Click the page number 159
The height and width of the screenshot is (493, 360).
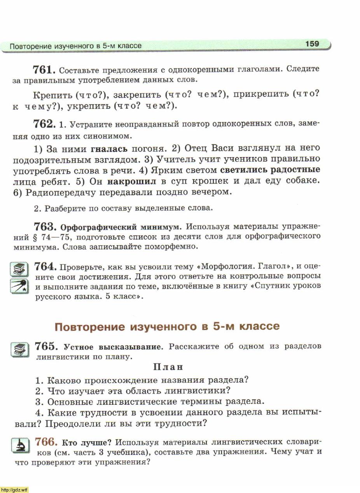312,44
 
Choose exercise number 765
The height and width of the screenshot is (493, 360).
46,346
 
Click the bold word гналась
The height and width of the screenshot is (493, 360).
109,148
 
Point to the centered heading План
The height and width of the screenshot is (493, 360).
168,367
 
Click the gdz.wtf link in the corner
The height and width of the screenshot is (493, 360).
14,490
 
